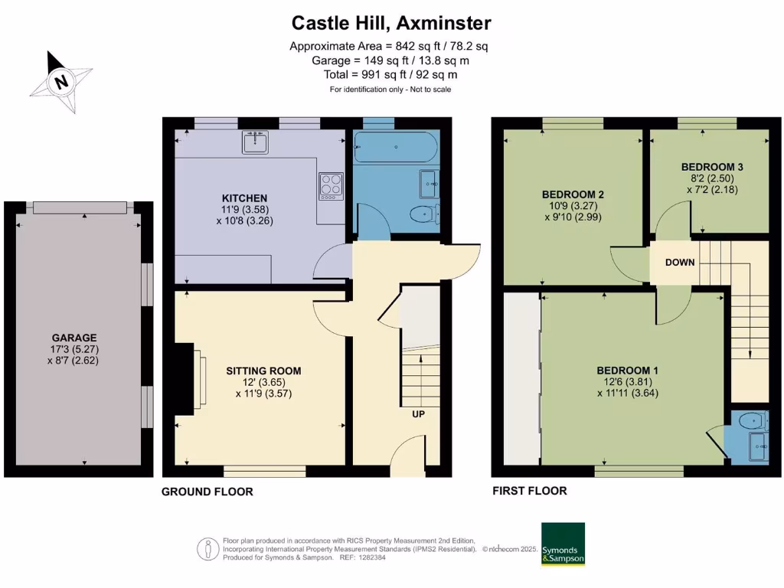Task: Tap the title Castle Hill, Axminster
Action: [391, 23]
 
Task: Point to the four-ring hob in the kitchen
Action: [331, 186]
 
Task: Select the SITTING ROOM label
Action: [263, 371]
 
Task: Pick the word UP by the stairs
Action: [418, 414]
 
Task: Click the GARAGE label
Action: [74, 337]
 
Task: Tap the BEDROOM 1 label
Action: [628, 371]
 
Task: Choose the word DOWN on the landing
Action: [680, 263]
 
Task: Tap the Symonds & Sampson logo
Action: [563, 544]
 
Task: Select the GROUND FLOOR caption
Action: [207, 492]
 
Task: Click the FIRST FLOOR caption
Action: [529, 491]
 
